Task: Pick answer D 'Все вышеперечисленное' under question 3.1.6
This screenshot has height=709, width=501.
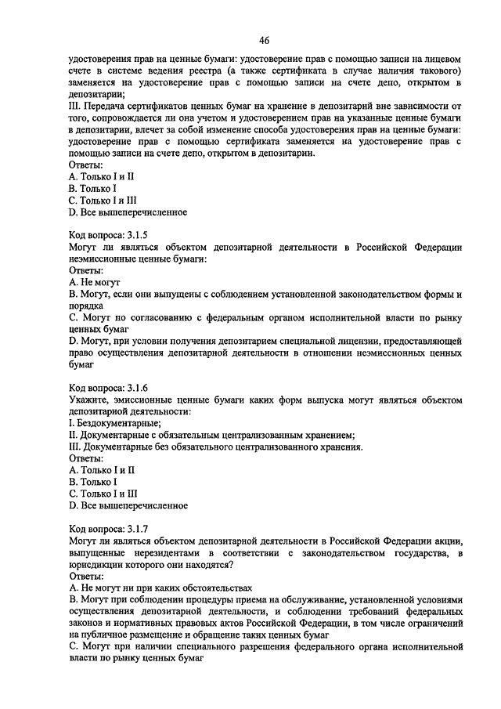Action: tap(128, 506)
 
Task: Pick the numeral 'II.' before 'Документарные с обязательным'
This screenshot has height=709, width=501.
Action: tap(74, 435)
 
